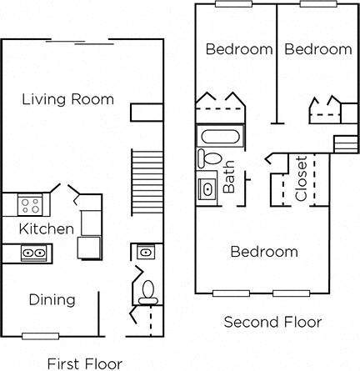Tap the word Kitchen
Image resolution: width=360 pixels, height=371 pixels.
[x=39, y=228]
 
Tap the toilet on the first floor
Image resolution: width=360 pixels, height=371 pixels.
[x=147, y=289]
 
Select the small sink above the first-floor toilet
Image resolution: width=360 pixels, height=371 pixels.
[x=143, y=250]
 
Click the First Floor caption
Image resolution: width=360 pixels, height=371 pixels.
[x=85, y=363]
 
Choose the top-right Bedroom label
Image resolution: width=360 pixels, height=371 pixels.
[x=318, y=49]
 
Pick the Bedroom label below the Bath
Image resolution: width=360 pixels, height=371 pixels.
[x=264, y=251]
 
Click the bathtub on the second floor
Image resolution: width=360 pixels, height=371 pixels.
[x=219, y=136]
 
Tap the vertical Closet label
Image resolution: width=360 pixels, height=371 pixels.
[x=301, y=178]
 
